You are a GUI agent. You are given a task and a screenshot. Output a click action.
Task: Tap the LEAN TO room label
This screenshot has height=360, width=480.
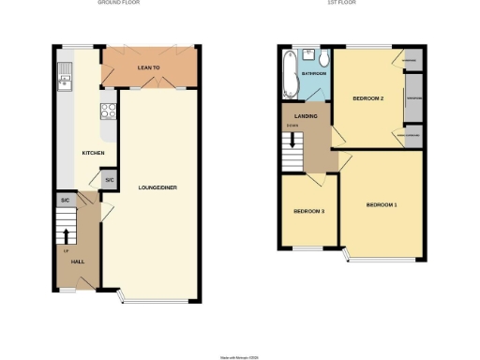tap(149, 67)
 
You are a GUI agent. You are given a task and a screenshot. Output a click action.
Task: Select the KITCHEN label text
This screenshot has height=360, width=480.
tap(93, 153)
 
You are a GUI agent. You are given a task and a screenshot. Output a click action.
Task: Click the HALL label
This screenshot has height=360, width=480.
tap(79, 262)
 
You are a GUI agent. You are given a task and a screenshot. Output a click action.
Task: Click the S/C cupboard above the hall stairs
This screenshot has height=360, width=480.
tap(65, 201)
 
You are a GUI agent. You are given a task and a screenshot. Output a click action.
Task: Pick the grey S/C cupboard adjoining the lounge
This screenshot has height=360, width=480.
tap(109, 180)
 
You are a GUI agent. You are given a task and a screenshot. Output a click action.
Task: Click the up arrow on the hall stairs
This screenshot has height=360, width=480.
tap(67, 234)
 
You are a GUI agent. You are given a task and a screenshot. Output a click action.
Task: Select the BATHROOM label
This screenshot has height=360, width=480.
tap(313, 73)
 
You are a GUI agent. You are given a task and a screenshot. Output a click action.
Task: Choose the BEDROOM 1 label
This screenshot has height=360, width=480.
tap(382, 204)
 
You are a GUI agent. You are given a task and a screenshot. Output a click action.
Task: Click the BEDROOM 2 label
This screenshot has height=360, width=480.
tap(368, 97)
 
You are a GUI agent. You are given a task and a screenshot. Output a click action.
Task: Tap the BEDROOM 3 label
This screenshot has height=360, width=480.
tap(308, 212)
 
